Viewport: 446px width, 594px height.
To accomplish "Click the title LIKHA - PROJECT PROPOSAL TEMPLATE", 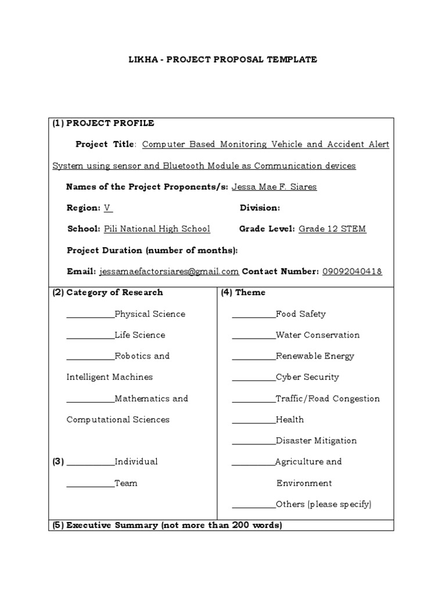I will pyautogui.click(x=222, y=60).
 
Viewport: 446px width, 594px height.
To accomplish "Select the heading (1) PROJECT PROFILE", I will pyautogui.click(x=103, y=123).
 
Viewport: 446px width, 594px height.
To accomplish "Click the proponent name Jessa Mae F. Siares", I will pyautogui.click(x=274, y=187).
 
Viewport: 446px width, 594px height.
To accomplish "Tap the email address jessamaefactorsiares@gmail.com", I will pyautogui.click(x=169, y=271).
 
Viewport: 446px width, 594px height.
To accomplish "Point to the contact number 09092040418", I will pyautogui.click(x=352, y=271).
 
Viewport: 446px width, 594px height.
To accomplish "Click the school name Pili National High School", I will pyautogui.click(x=157, y=229).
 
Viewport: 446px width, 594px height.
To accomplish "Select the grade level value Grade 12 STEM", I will pyautogui.click(x=332, y=229).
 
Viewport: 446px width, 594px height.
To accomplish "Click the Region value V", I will pyautogui.click(x=107, y=208).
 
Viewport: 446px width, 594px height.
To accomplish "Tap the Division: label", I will pyautogui.click(x=260, y=208).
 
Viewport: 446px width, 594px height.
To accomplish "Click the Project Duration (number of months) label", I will pyautogui.click(x=152, y=251).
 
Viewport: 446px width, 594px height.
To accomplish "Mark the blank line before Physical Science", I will pyautogui.click(x=91, y=316).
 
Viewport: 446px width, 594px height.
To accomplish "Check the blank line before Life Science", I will pyautogui.click(x=91, y=337).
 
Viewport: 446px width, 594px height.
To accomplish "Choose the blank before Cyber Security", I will pyautogui.click(x=254, y=379).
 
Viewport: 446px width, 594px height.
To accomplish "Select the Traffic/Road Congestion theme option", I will pyautogui.click(x=328, y=399).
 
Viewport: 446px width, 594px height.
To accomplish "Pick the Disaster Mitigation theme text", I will pyautogui.click(x=316, y=441).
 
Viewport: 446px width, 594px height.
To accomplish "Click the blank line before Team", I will pyautogui.click(x=91, y=486).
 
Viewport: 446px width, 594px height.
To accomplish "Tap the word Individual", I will pyautogui.click(x=136, y=462).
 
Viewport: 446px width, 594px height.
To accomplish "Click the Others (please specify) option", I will pyautogui.click(x=323, y=504).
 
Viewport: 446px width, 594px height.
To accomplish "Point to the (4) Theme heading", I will pyautogui.click(x=243, y=292).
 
